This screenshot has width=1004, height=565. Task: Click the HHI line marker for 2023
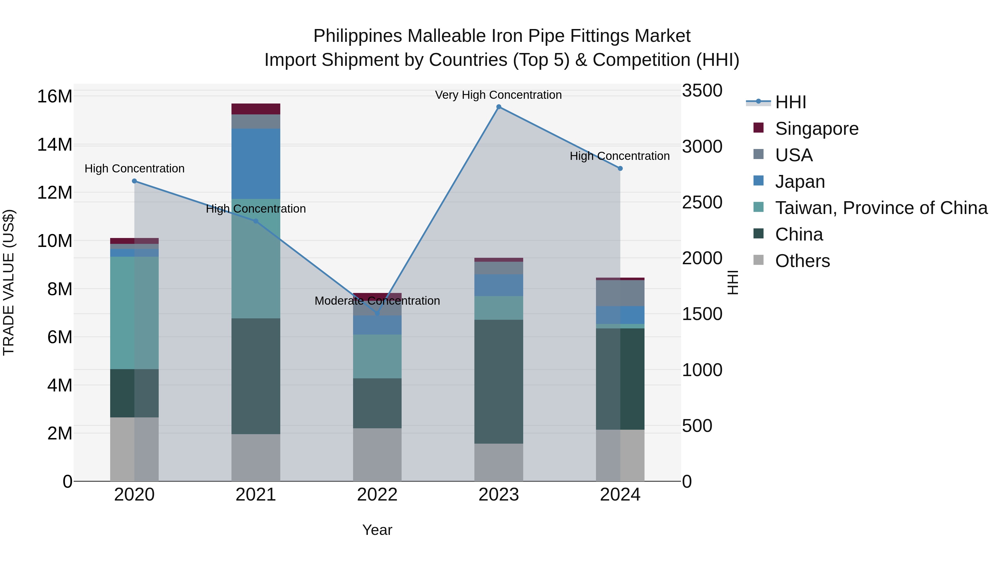pos(498,107)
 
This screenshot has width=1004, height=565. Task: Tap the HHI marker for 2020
pos(134,181)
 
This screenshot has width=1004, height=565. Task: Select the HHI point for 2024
pos(620,169)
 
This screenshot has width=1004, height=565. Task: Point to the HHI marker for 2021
pos(256,221)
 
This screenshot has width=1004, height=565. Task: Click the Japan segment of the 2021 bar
pos(256,164)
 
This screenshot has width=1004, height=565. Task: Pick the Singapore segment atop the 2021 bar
pos(256,109)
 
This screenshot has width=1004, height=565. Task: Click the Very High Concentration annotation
pos(498,95)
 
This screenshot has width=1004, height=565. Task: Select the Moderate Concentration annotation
pos(377,301)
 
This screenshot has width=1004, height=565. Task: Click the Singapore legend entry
pos(817,129)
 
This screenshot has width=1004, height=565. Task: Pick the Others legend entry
pos(802,261)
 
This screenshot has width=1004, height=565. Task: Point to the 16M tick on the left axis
pos(55,96)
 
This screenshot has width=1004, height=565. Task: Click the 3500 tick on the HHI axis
pos(702,91)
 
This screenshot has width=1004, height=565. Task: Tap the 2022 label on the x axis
pos(377,495)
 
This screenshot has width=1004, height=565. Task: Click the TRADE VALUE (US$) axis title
pos(9,282)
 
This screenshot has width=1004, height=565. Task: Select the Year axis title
pos(377,530)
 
